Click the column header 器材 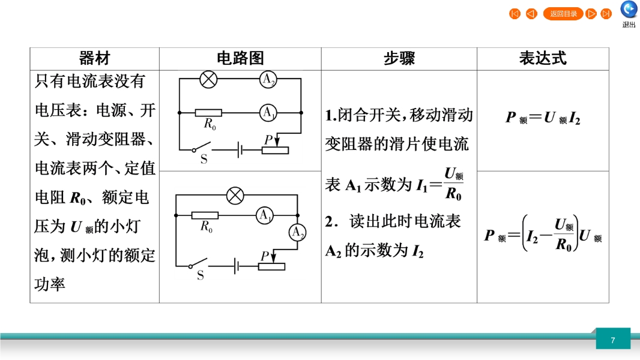[x=94, y=59]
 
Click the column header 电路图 [x=240, y=59]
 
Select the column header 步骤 [x=399, y=59]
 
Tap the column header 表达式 [x=543, y=59]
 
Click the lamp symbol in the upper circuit [x=208, y=79]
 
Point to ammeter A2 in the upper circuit [x=268, y=79]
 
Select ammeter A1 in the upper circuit [x=268, y=112]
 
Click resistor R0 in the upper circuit [x=209, y=112]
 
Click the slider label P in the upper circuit [x=268, y=139]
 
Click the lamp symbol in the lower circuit [x=235, y=195]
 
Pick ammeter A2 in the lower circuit [x=297, y=232]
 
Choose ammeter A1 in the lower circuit [x=265, y=215]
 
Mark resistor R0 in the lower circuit [x=206, y=215]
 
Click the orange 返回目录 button [x=563, y=14]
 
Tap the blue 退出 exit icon [x=629, y=10]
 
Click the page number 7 [x=613, y=340]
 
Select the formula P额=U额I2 [x=543, y=118]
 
